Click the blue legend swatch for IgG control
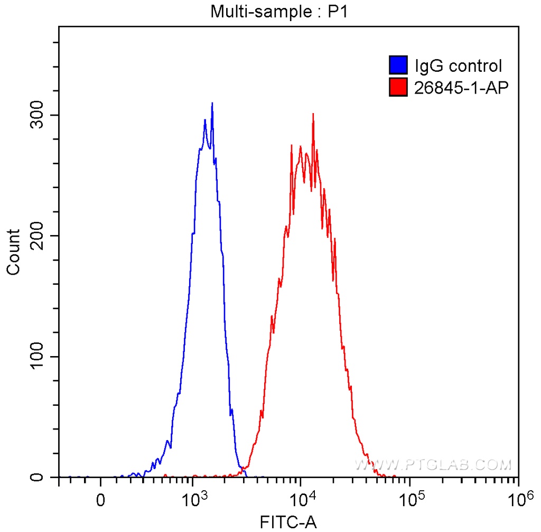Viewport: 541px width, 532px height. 398,66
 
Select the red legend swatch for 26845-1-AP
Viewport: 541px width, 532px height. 398,87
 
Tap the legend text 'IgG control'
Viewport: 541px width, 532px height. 458,66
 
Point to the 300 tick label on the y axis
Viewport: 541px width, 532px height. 36,116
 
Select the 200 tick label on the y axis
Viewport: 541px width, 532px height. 36,236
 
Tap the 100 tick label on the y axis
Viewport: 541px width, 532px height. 36,357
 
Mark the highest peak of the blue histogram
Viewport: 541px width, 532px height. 212,104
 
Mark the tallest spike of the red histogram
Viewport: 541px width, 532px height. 313,114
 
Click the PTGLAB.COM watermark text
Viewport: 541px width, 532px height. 433,464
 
